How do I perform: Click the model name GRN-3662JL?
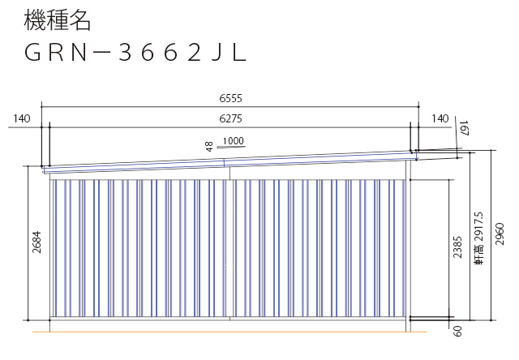[135, 53]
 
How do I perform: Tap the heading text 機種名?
[57, 20]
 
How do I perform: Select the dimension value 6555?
[230, 98]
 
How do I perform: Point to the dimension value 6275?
[230, 118]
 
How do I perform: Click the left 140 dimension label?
[22, 118]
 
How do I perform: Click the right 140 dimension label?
[440, 118]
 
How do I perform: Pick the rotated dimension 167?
[465, 128]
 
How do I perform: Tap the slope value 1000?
[233, 141]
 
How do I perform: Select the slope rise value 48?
[209, 147]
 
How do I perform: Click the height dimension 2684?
[36, 242]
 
